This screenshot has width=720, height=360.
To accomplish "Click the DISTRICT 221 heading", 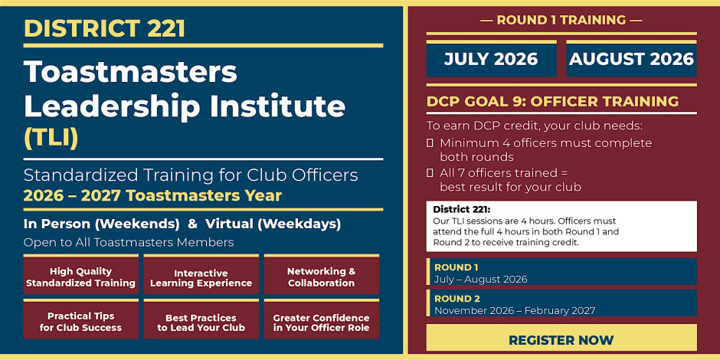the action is [x=105, y=28].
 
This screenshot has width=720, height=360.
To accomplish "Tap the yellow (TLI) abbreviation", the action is [x=51, y=137].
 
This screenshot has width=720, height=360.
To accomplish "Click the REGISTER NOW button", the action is [x=561, y=340].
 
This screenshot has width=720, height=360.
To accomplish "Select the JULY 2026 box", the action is [x=491, y=59].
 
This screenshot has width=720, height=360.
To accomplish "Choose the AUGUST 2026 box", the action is [x=631, y=59].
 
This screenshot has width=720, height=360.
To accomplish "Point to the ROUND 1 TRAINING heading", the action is [x=561, y=20].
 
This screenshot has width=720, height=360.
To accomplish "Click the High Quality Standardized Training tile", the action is [x=81, y=276].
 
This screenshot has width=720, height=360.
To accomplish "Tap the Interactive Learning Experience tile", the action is [x=201, y=276].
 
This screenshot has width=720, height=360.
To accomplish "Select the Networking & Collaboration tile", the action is [x=322, y=276].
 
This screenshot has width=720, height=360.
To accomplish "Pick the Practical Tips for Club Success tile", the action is [x=81, y=319].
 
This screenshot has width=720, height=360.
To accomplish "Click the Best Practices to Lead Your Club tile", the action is [x=201, y=319].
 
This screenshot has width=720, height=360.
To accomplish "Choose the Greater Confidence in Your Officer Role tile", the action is [x=322, y=319].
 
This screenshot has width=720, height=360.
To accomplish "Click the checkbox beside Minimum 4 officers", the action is [x=430, y=143].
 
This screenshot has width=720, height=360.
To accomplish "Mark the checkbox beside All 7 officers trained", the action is [x=430, y=173].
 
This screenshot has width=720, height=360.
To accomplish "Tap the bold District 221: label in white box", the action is [x=461, y=209].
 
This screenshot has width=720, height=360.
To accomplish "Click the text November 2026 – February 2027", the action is [x=515, y=311].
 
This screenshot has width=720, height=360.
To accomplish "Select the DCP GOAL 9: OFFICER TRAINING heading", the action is [x=552, y=101].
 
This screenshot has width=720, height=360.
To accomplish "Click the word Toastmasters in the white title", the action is [x=130, y=73].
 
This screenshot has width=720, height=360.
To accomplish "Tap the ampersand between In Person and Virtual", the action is [x=193, y=224].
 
